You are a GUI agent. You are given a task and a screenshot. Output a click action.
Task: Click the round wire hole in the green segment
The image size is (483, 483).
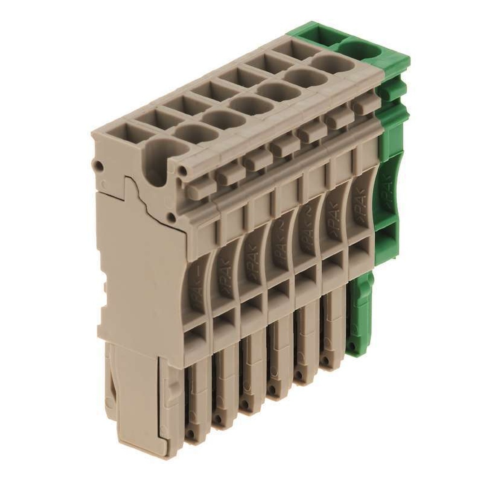pyautogui.click(x=360, y=50)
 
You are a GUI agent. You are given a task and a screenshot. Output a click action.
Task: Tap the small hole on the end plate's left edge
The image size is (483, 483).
pyautogui.click(x=99, y=166)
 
